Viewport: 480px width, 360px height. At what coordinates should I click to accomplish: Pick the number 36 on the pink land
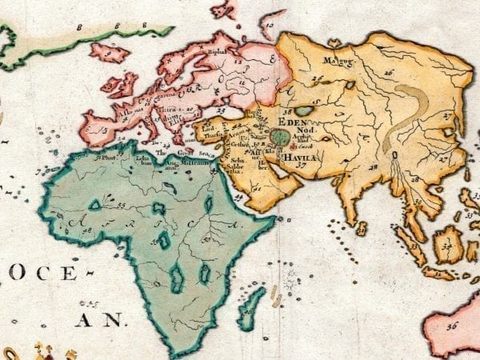coord(452,326)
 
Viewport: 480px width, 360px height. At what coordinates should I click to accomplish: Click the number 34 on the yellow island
coord(447,246)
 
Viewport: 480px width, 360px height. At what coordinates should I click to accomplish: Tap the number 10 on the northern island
coord(270,26)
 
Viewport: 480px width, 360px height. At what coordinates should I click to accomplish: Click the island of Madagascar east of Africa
coord(251,309)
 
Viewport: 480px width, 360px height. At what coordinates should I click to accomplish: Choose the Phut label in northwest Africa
coord(103,158)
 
